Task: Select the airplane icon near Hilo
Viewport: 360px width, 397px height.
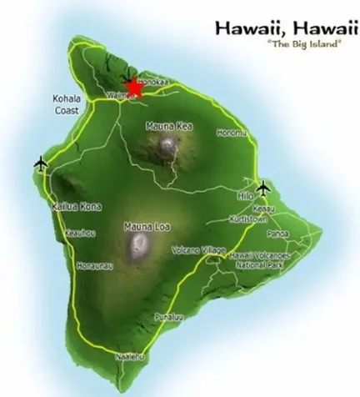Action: (263, 186)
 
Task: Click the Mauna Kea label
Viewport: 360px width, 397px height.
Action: (165, 127)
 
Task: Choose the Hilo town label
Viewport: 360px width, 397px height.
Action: (245, 195)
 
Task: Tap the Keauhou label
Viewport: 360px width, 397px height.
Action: (80, 234)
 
